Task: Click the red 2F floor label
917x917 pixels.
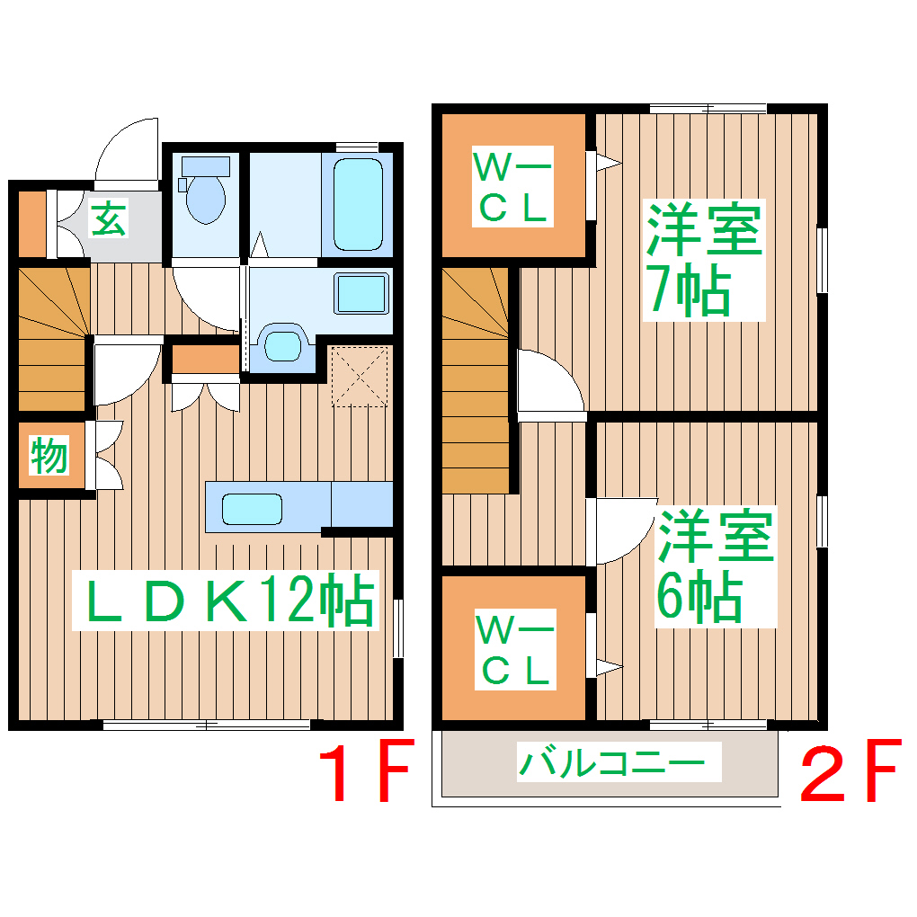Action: click(x=849, y=771)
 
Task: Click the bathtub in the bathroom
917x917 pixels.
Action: click(x=359, y=203)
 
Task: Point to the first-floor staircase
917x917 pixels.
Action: click(x=52, y=337)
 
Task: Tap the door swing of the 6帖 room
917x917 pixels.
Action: click(x=625, y=530)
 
